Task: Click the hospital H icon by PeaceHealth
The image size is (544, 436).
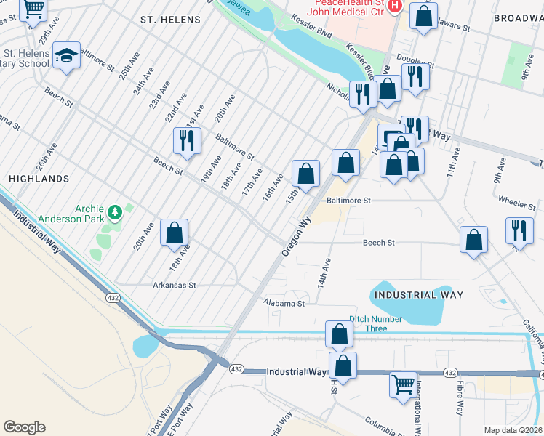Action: coord(394,7)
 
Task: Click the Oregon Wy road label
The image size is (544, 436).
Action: coord(296,235)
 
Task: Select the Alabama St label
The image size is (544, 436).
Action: coord(284,302)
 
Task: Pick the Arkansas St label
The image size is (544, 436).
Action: coord(175,286)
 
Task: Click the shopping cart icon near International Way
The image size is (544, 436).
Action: coord(403,383)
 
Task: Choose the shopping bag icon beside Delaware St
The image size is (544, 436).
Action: coord(423,15)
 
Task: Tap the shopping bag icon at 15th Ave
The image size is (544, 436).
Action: coord(306,173)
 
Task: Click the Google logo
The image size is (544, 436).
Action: coord(24,427)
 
